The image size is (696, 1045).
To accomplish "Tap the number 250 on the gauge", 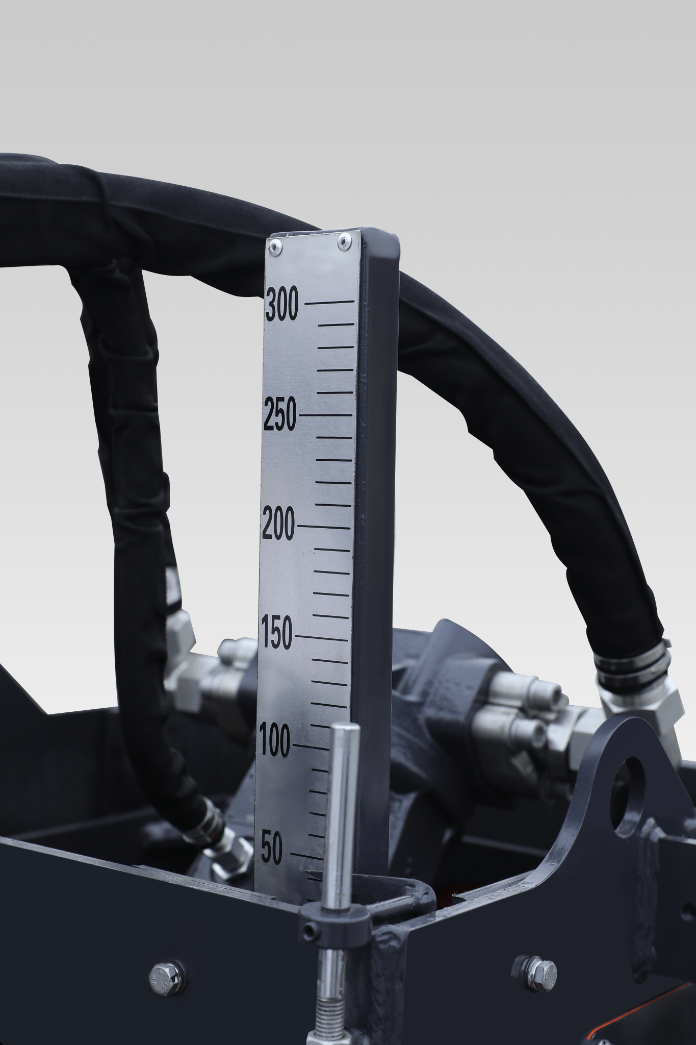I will pyautogui.click(x=280, y=415).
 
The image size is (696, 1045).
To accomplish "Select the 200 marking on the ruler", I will pyautogui.click(x=278, y=526).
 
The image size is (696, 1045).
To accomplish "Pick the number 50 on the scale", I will pyautogui.click(x=272, y=850).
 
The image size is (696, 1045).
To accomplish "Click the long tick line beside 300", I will pyautogui.click(x=329, y=303).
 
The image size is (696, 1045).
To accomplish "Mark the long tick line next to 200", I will pyautogui.click(x=324, y=526).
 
